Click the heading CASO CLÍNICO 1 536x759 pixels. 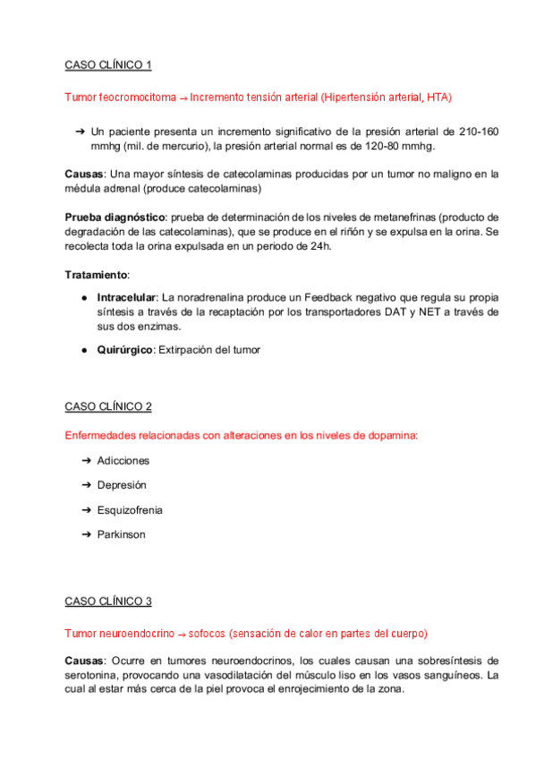click(108, 65)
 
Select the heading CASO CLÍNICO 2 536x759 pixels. click(108, 406)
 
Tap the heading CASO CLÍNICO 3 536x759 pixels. click(108, 601)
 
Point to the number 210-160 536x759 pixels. click(471, 131)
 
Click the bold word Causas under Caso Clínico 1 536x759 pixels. click(83, 174)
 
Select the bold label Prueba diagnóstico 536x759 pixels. click(115, 217)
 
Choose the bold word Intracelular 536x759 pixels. click(127, 296)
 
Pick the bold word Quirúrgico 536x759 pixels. click(124, 350)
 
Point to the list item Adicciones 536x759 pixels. click(123, 460)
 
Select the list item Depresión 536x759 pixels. click(122, 485)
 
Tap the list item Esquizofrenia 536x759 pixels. click(130, 510)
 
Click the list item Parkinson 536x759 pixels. click(121, 534)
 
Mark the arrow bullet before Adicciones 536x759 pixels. click(87, 460)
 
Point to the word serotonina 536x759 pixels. click(95, 675)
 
